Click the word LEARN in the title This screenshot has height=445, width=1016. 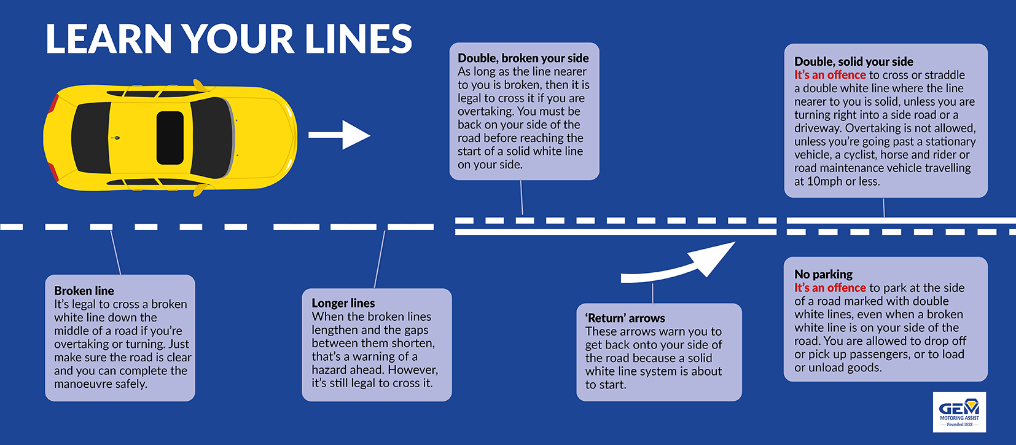pos(109,39)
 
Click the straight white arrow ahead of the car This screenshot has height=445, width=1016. pos(339,135)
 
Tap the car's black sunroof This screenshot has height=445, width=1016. pos(170,138)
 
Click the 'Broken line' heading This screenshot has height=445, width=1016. pos(84,291)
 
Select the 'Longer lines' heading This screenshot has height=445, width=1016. pos(343,303)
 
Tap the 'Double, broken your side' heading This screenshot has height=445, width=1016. pos(523,58)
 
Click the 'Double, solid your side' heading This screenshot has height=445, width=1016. pos(853,61)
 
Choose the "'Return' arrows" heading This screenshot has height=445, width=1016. pos(625,318)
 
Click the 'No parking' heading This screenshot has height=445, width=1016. pos(823,274)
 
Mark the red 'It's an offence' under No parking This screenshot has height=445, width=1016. pos(829,288)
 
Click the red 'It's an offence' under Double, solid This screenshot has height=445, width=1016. pos(829,75)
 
